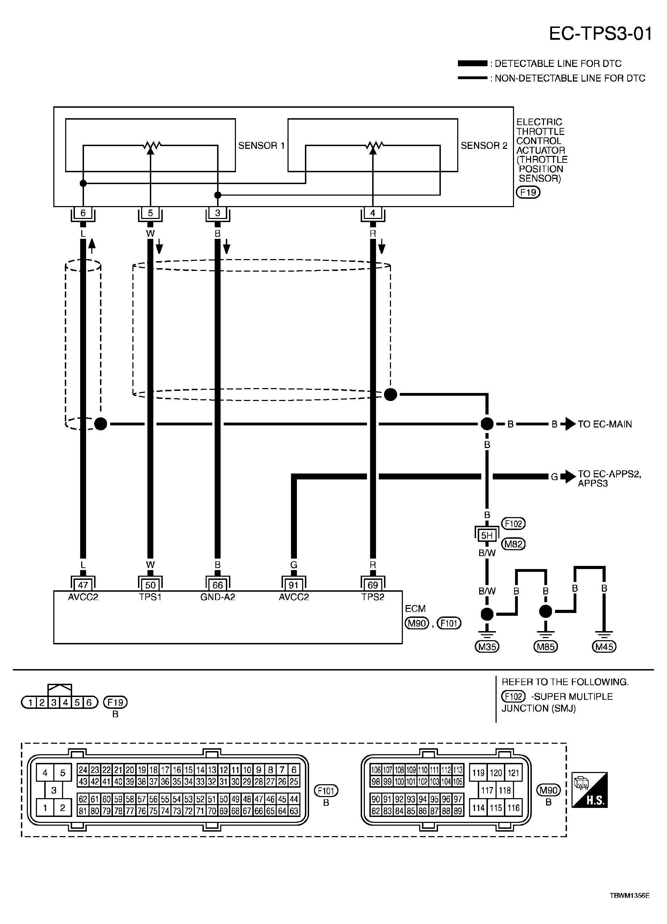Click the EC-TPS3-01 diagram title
click(601, 34)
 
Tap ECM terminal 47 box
click(83, 585)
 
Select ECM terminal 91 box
click(293, 585)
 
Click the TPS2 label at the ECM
click(373, 597)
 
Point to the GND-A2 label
click(218, 597)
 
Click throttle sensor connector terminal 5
click(150, 213)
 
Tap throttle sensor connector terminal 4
click(373, 213)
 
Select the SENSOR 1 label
click(261, 145)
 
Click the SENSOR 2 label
click(484, 145)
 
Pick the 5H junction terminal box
click(487, 535)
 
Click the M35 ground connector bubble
click(487, 646)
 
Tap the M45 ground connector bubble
click(604, 646)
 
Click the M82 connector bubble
click(513, 544)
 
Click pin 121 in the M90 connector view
click(513, 773)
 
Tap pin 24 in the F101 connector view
click(83, 770)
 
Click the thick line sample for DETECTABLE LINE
click(472, 63)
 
